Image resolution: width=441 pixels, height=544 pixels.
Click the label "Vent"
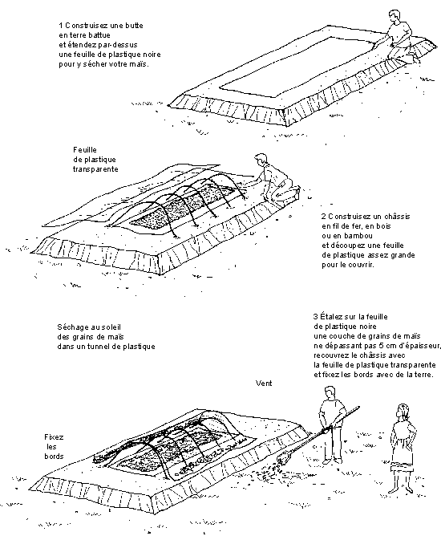(x=264, y=384)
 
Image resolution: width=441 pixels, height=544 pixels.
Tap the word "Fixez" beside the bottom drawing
(x=54, y=437)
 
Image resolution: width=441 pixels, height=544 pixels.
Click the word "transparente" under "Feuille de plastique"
(x=95, y=169)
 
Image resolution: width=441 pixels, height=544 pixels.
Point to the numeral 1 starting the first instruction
(x=61, y=26)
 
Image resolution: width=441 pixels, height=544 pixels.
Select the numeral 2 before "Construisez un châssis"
(x=323, y=217)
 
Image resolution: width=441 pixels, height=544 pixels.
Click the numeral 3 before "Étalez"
(x=315, y=317)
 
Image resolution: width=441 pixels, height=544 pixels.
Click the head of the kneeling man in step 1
(x=393, y=17)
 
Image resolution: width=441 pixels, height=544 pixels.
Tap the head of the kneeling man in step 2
(x=260, y=160)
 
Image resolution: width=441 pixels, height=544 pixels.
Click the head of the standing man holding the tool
(x=330, y=393)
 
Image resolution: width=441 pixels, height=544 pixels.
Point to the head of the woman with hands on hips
(x=403, y=412)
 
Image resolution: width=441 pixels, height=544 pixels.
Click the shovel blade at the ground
(x=283, y=460)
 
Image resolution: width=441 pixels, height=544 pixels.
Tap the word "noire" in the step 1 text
(x=152, y=55)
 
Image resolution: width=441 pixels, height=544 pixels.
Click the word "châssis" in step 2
(x=397, y=217)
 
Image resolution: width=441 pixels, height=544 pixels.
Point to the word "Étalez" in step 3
(x=330, y=316)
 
